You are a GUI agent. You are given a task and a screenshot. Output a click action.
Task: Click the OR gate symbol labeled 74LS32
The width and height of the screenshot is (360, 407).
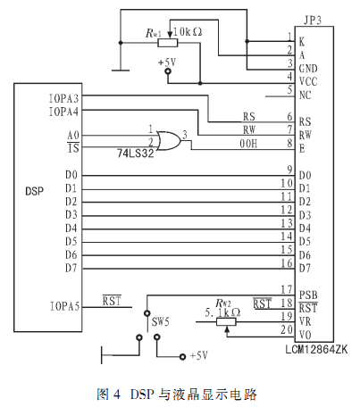(169, 140)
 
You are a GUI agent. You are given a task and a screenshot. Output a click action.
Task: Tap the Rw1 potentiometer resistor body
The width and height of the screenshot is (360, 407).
(168, 43)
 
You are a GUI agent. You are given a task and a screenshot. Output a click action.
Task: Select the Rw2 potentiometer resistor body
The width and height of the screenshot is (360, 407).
(226, 322)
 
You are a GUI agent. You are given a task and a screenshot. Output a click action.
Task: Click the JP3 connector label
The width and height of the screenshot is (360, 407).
(313, 21)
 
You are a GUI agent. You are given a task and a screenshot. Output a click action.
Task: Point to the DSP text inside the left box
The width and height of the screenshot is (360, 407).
(34, 191)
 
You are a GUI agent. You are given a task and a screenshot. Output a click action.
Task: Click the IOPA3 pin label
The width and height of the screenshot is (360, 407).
(63, 98)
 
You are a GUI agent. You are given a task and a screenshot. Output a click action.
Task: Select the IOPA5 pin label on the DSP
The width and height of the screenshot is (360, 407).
(64, 306)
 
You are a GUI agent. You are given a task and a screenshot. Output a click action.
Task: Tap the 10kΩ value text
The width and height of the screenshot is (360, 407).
(188, 31)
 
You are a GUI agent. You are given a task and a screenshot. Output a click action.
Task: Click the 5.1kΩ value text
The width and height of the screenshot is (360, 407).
(222, 312)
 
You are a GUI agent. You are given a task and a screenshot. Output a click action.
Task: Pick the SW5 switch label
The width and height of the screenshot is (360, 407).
(161, 321)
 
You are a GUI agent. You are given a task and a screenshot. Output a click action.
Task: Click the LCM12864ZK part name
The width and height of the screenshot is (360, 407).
(316, 349)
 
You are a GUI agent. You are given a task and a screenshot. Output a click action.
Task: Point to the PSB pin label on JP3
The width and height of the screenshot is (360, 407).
(308, 295)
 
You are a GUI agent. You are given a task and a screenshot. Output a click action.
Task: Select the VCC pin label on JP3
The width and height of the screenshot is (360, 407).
(308, 81)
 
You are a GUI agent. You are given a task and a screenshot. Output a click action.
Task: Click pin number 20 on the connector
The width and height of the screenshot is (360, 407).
(287, 329)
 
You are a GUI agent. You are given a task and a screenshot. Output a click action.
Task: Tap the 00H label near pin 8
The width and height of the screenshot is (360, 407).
(248, 144)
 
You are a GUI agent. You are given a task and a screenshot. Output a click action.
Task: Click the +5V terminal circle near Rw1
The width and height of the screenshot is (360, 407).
(168, 71)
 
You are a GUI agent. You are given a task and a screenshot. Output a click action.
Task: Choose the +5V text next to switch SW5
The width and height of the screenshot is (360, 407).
(198, 355)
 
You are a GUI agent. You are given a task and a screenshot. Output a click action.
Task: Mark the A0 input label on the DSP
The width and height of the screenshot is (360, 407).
(73, 136)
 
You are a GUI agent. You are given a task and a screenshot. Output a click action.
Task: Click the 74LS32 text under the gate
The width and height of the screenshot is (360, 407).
(136, 154)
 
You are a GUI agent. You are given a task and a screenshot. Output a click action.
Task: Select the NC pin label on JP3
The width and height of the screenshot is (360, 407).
(305, 96)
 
